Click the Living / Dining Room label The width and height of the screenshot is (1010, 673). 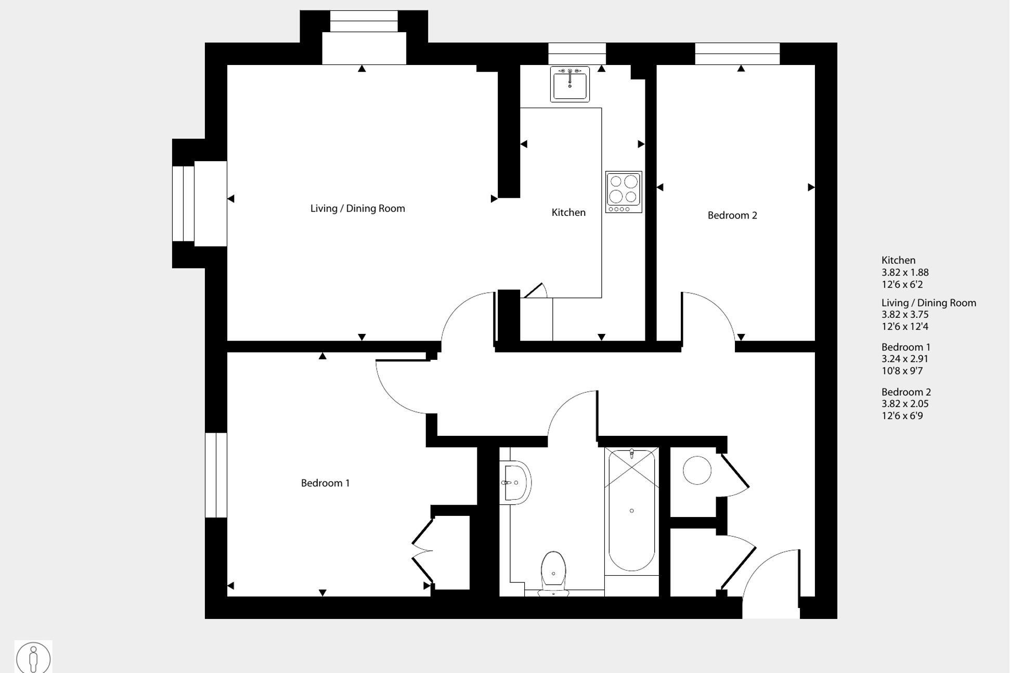357,209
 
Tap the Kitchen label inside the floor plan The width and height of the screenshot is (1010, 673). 568,212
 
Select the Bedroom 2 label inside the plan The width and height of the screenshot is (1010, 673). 732,215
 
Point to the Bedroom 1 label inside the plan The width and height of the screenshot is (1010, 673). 325,483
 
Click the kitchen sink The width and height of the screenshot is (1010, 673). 569,84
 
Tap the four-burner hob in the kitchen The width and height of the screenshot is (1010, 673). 624,191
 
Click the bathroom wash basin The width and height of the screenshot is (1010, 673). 516,483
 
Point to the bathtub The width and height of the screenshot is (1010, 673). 631,511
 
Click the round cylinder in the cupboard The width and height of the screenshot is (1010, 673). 696,470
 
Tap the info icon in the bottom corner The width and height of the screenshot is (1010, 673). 33,657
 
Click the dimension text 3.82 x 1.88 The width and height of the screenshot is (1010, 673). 904,273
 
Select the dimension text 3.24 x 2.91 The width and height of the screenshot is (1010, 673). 904,359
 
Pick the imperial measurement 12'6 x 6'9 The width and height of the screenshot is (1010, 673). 902,416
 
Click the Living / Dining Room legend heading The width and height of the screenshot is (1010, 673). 928,303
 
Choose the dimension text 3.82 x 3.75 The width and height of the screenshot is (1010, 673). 904,315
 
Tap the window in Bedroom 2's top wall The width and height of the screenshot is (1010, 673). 737,54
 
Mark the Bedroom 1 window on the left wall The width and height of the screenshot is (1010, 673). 216,475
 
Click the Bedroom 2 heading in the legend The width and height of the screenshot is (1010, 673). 905,392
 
